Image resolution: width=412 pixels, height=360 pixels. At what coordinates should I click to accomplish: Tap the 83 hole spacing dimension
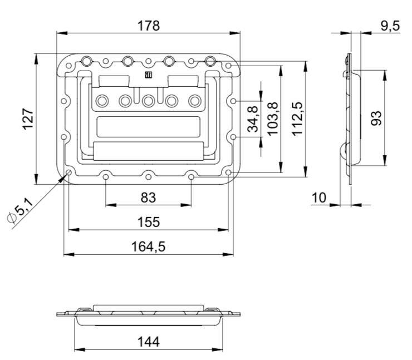click(x=148, y=196)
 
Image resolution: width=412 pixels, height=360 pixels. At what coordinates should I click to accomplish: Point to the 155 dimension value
click(x=148, y=221)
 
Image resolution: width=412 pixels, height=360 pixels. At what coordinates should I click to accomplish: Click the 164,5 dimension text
click(x=148, y=246)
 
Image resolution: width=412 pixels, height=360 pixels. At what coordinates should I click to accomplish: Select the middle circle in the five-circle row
click(x=148, y=101)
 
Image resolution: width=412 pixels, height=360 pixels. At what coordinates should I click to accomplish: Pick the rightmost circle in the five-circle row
click(x=194, y=101)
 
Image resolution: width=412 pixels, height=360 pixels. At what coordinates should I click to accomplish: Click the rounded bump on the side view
click(x=344, y=151)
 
